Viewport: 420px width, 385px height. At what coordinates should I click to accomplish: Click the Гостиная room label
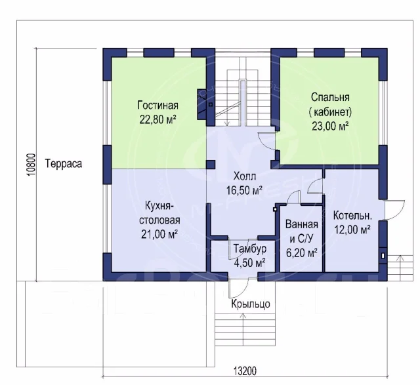coord(157,105)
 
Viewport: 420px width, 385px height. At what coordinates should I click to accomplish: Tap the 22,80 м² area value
coord(157,119)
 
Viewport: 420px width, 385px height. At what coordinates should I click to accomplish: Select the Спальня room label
coord(330,97)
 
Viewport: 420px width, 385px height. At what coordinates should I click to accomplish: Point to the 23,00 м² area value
coord(330,126)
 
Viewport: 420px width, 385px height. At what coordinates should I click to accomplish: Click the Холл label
coord(245,176)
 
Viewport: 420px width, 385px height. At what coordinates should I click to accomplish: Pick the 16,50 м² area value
coord(244,190)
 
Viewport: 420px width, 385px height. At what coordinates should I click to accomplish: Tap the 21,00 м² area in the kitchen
coord(159,234)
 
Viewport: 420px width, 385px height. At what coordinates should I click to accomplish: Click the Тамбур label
coord(250,249)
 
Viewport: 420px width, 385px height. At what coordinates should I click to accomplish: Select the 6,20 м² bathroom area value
coord(302,253)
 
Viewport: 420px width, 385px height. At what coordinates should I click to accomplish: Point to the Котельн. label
coord(352,216)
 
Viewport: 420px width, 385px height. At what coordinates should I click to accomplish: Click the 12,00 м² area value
coord(352,230)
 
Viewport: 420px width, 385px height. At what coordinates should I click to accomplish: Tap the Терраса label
coord(64,163)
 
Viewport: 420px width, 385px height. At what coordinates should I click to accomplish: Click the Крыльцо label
coord(251,304)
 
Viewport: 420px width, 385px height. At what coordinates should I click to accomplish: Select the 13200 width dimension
coord(245,371)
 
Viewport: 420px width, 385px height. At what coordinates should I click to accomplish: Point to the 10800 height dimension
coord(31,165)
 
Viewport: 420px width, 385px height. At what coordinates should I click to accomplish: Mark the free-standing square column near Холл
coord(211,165)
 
